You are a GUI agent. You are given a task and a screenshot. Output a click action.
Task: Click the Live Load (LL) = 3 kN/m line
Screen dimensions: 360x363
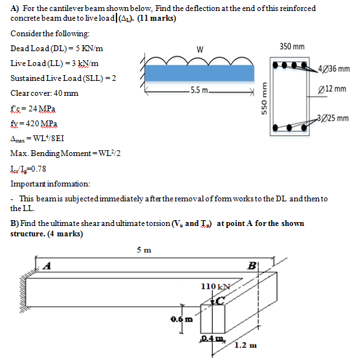coord(56,63)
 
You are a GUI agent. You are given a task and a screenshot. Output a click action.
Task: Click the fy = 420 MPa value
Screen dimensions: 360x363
coord(34,122)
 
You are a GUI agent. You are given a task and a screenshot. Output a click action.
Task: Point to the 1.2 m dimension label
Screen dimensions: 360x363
coord(244,345)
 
